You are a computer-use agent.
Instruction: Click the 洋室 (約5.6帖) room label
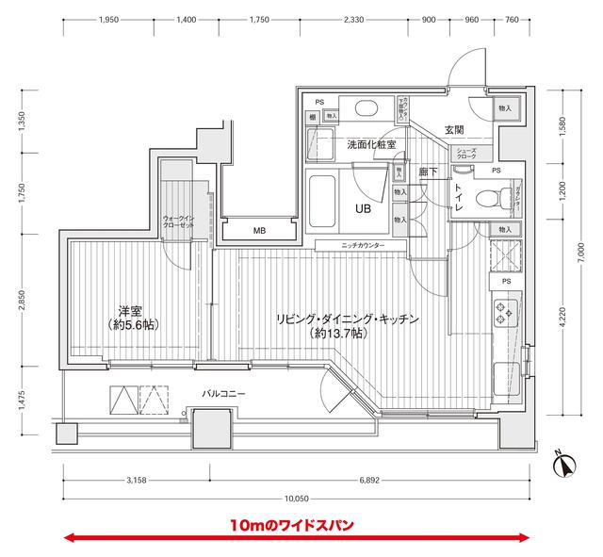coord(131,317)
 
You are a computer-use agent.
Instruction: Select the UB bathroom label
coord(361,209)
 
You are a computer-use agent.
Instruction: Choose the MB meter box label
coord(258,230)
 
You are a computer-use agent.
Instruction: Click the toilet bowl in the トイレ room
coord(487,200)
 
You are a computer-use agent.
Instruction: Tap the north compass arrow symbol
coord(563,465)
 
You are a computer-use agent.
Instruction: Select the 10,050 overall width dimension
coord(297,499)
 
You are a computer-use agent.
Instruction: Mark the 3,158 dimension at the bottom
coord(139,481)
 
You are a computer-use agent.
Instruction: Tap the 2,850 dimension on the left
coord(22,299)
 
